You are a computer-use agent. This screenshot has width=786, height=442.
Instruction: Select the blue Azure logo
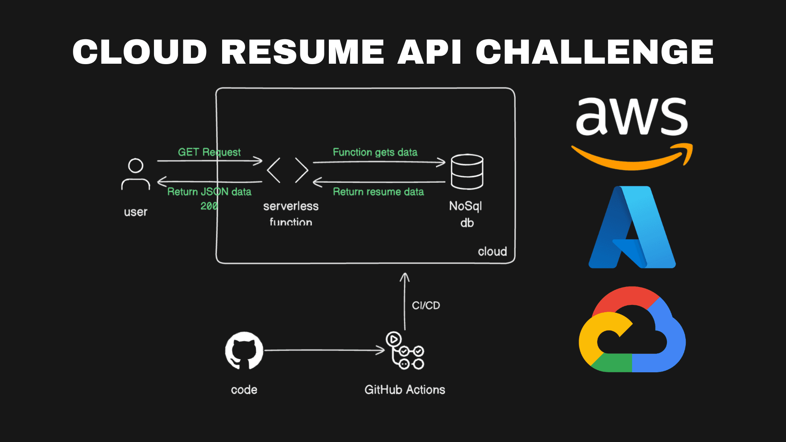(632, 227)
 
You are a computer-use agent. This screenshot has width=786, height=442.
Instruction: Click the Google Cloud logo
(632, 329)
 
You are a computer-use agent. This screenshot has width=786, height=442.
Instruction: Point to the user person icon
(136, 174)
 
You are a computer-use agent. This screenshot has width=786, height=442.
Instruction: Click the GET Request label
(209, 152)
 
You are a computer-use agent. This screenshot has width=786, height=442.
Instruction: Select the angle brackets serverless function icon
(288, 170)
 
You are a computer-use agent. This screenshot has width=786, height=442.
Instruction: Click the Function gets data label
(375, 152)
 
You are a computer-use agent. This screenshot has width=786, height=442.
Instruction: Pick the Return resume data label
(378, 192)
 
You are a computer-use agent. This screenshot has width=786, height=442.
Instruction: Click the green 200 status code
(209, 206)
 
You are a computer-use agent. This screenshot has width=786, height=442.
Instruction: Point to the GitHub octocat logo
(244, 350)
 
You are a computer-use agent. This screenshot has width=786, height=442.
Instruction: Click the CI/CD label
(426, 305)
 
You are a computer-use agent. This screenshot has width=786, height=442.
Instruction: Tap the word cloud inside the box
(492, 252)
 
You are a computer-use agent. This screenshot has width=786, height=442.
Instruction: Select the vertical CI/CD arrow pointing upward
(405, 301)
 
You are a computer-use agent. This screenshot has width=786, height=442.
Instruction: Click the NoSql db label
(466, 214)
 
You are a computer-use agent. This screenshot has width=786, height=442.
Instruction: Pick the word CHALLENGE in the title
(594, 52)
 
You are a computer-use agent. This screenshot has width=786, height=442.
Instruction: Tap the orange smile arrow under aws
(632, 158)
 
